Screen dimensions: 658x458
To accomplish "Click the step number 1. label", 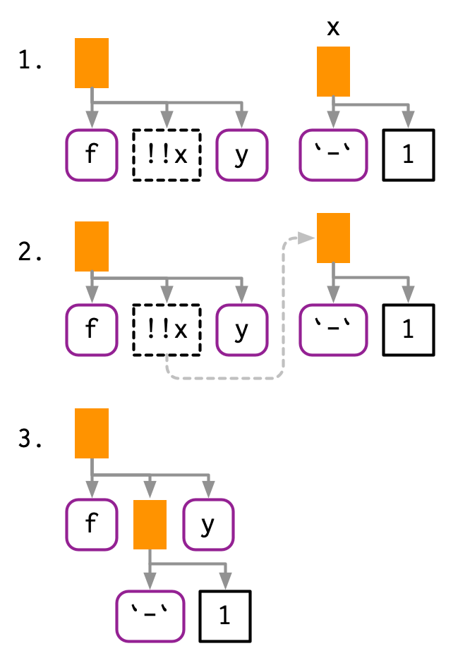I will pyautogui.click(x=31, y=63).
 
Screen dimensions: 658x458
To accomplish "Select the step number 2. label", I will pyautogui.click(x=31, y=253).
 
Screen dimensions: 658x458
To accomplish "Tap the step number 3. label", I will pyautogui.click(x=31, y=442).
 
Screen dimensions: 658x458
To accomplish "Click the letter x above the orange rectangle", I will pyautogui.click(x=334, y=28).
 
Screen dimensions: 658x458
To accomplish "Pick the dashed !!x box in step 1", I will pyautogui.click(x=167, y=155).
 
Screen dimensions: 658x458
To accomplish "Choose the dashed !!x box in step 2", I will pyautogui.click(x=167, y=329).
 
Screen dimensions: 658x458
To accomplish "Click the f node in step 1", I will pyautogui.click(x=91, y=155).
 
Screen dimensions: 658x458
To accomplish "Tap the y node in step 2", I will pyautogui.click(x=242, y=329).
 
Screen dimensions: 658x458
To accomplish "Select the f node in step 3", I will pyautogui.click(x=91, y=524).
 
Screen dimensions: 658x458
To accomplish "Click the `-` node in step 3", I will pyautogui.click(x=149, y=616).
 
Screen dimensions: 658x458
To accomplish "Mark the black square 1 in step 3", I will pyautogui.click(x=224, y=616).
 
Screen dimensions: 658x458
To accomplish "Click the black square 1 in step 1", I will pyautogui.click(x=408, y=155).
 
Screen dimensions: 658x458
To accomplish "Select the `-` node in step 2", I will pyautogui.click(x=333, y=329).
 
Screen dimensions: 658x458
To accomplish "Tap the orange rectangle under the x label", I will pyautogui.click(x=334, y=71).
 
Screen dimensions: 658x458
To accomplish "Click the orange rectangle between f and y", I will pyautogui.click(x=150, y=524).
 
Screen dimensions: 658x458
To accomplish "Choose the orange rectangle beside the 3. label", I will pyautogui.click(x=92, y=433).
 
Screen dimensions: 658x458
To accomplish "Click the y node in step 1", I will pyautogui.click(x=242, y=155).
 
